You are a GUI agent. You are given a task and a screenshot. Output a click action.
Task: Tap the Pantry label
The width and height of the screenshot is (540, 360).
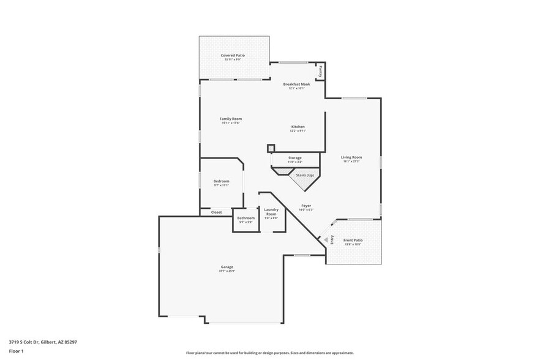click(x=320, y=72)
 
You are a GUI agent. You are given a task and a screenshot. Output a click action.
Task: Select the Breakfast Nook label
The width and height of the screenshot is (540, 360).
click(x=296, y=84)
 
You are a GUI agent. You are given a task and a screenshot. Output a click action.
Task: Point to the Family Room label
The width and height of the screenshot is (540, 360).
click(x=231, y=119)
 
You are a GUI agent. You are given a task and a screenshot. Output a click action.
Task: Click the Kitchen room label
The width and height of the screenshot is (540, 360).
click(x=298, y=127)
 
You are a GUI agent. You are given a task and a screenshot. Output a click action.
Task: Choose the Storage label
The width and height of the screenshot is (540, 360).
click(x=294, y=158)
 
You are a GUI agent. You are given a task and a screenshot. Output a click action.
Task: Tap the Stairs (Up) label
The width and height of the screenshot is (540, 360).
click(x=305, y=175)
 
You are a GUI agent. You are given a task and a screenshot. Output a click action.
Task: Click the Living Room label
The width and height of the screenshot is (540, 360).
click(x=351, y=158)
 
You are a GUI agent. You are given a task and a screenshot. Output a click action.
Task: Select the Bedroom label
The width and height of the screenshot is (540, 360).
click(x=221, y=181)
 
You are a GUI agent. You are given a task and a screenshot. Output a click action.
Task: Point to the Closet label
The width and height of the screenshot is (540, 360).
click(x=217, y=212)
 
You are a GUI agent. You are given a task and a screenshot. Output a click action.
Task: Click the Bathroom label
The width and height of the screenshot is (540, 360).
click(x=246, y=218)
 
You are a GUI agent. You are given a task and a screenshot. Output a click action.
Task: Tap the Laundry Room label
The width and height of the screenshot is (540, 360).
click(x=271, y=212)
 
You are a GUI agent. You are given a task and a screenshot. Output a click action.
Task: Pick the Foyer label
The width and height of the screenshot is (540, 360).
click(x=306, y=206)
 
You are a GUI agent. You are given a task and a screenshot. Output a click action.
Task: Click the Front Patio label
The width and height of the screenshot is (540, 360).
click(x=353, y=241)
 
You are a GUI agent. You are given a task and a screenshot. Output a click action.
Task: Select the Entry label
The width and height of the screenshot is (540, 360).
click(x=332, y=239)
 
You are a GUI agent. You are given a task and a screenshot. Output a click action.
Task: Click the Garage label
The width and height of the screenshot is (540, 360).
click(x=227, y=267)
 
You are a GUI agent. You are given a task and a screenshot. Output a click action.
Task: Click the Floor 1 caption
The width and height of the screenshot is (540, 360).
click(x=16, y=351)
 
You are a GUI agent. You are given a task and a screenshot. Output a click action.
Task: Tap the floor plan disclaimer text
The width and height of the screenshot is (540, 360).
click(x=270, y=353)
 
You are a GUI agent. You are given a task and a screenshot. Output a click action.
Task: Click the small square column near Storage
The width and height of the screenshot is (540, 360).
click(x=271, y=148)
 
